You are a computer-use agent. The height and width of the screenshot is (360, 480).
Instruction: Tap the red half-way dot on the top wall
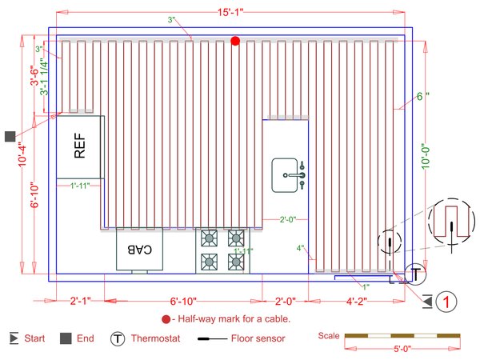point(235,40)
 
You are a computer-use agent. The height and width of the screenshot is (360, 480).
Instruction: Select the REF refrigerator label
point(79,147)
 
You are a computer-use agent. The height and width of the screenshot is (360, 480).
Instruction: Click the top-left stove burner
point(209,238)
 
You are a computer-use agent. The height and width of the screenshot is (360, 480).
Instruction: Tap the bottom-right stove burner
point(236,261)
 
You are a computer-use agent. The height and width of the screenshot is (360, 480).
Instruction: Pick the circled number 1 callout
point(449,302)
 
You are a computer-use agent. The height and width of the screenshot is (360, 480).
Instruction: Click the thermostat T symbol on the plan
point(415,274)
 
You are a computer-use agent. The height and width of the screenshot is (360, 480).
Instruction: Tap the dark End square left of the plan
point(10,137)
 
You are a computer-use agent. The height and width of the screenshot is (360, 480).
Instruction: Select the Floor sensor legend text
point(257,338)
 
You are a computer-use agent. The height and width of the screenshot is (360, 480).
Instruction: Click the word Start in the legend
point(34,338)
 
